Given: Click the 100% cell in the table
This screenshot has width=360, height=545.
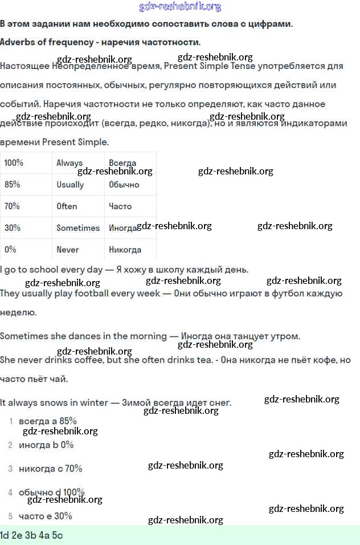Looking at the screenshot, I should (14, 162).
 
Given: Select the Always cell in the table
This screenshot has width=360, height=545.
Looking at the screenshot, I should (69, 163).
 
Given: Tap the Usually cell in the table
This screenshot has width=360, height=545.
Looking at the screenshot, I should (70, 185).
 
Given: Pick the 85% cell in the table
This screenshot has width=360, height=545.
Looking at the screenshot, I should (13, 185).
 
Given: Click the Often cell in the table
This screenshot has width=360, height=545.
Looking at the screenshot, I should (67, 206).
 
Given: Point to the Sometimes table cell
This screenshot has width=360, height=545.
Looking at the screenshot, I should (78, 228).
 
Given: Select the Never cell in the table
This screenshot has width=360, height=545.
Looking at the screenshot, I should (67, 250).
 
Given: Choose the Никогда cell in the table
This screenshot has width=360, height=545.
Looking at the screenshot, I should (125, 250).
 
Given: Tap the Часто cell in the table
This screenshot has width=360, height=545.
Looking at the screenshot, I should (120, 206).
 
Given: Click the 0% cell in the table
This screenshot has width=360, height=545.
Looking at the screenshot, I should (10, 250).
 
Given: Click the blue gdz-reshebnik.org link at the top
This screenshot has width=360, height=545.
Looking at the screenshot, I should (180, 7).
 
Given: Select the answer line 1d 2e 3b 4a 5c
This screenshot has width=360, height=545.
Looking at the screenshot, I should (31, 535).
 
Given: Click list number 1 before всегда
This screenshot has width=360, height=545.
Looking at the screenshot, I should (11, 421).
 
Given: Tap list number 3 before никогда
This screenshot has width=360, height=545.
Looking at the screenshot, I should (11, 469).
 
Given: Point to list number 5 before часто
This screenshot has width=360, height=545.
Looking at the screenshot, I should (11, 516).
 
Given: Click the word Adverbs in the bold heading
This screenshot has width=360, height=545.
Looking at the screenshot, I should (18, 42).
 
